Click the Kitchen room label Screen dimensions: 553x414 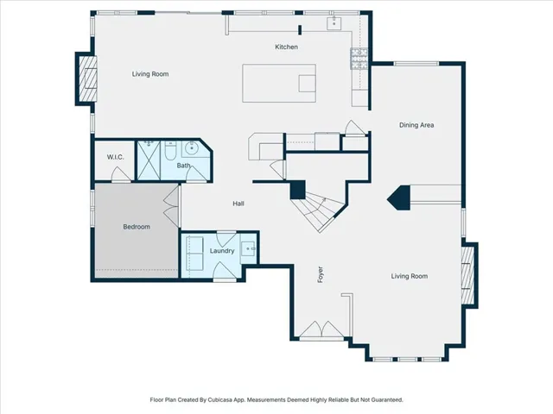pos(286,47)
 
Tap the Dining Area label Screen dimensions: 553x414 pos(416,125)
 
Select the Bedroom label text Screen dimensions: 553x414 pos(137,227)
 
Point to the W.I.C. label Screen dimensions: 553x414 pos(115,157)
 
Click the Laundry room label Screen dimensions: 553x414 pos(222,251)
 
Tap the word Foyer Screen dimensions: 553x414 pos(321,274)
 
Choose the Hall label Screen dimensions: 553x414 pos(238,204)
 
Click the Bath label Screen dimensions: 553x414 pos(183,165)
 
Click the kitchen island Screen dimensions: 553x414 pos(279,83)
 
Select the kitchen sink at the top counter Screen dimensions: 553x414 pos(334,23)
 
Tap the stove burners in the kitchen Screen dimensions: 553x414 pos(359,59)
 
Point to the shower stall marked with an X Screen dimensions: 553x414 pos(149,160)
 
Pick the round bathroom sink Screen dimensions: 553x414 pos(192,148)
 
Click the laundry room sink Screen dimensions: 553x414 pos(248,249)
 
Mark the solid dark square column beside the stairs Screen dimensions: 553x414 pos(297,190)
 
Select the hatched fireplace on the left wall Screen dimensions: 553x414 pos(87,78)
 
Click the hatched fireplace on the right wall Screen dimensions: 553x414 pos(467,275)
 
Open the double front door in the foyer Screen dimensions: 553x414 pos(321,330)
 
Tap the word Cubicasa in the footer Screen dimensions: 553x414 pos(220,400)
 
